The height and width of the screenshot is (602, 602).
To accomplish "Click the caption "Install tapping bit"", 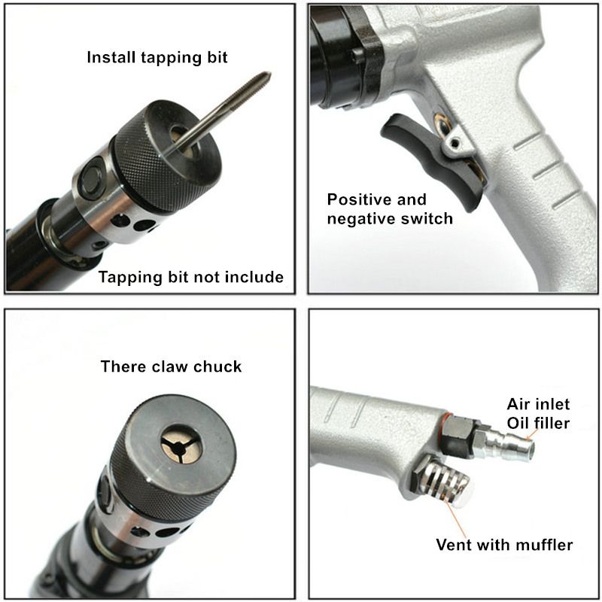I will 157,57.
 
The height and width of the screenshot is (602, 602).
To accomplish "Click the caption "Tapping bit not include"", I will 191,277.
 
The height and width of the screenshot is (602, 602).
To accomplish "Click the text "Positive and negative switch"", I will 390,209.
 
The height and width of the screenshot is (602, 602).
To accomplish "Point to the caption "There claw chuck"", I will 171,367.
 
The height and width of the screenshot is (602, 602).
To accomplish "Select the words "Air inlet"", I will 537,403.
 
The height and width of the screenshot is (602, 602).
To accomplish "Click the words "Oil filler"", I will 537,423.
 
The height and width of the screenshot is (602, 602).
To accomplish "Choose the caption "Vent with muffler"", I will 504,544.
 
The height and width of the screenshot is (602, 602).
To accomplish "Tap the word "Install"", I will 114,57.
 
